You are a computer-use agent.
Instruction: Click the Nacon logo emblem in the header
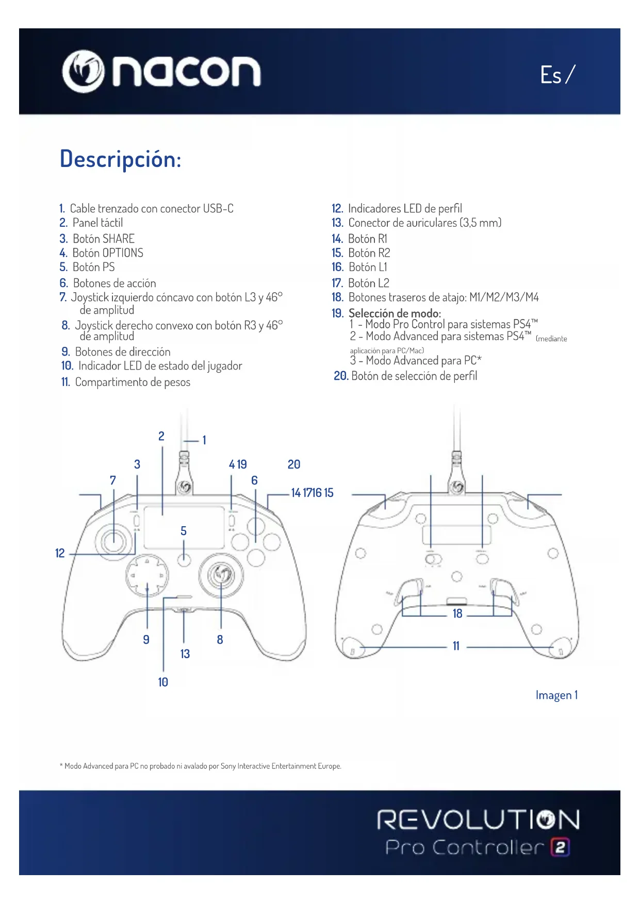tap(83, 71)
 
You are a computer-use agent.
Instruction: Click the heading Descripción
tap(120, 159)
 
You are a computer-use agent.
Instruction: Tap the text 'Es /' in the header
tap(557, 75)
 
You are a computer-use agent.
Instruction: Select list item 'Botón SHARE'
tap(103, 239)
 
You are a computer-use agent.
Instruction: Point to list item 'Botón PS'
tap(93, 267)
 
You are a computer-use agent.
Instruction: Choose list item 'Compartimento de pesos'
tap(132, 382)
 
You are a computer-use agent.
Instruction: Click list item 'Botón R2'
tap(369, 253)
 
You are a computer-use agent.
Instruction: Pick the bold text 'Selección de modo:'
tap(395, 313)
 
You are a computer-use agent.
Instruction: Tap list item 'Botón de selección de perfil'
tap(414, 376)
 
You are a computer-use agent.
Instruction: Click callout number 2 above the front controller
tap(161, 436)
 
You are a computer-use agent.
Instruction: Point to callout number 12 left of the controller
tap(60, 553)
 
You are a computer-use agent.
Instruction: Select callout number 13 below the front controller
tap(185, 654)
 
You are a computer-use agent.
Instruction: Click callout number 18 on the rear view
tap(457, 613)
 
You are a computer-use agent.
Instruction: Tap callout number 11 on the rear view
tap(456, 646)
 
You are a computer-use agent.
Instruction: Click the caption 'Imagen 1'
tap(556, 695)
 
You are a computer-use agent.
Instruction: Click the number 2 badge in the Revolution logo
tap(561, 847)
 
